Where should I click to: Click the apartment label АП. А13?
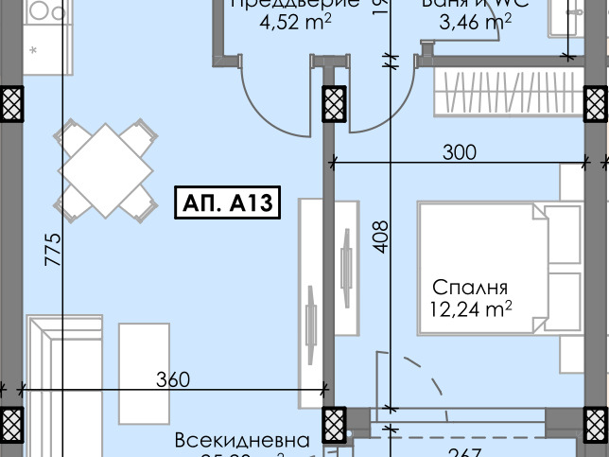coord(227,203)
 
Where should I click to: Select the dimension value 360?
coord(173,380)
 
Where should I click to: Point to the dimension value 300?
coord(460,151)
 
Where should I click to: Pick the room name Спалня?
coord(471,288)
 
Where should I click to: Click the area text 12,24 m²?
coord(471,308)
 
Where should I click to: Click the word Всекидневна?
coord(242,441)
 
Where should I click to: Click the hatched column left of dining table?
coord(11,103)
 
